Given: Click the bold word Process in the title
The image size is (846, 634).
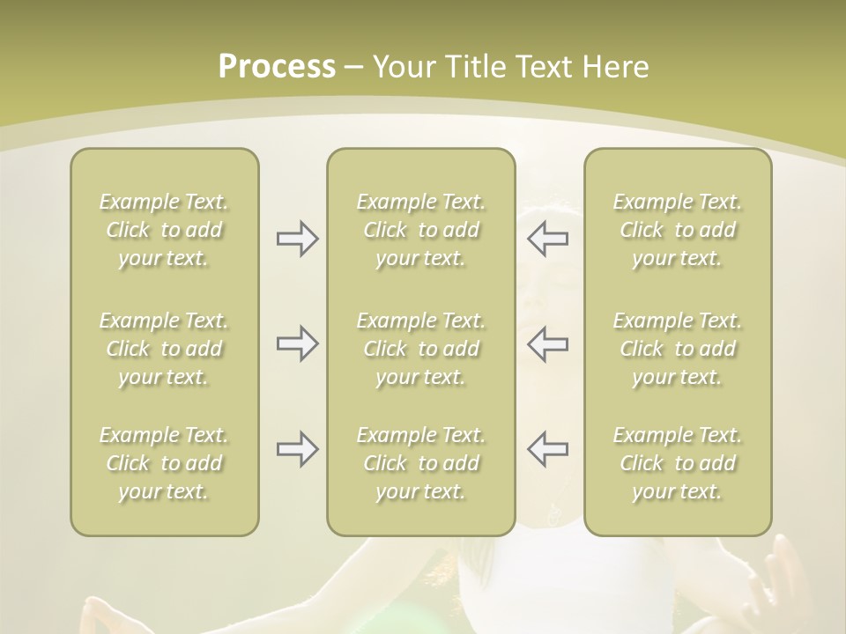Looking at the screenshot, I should (x=277, y=67).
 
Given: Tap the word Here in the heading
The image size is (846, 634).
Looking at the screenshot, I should (x=617, y=67).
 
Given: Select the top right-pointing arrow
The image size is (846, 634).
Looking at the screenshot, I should (x=298, y=239).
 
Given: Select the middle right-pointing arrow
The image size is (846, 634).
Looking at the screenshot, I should (x=298, y=343).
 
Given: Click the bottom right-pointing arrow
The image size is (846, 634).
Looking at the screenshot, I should (x=298, y=449).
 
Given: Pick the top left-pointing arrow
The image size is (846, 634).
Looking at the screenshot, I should (x=547, y=239).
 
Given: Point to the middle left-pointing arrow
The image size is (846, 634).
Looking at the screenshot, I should (x=547, y=343).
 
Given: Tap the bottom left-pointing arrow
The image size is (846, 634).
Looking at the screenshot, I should (x=547, y=449).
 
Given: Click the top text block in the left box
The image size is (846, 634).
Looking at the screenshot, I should (x=164, y=230).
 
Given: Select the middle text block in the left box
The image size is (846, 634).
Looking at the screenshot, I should (x=164, y=349).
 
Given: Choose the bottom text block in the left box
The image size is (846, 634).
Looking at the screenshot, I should (x=164, y=463).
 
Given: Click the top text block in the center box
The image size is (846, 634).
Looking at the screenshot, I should (x=421, y=230).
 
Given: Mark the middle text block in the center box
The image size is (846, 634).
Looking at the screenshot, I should (x=421, y=349).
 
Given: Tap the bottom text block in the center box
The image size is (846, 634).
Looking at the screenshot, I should (x=421, y=463).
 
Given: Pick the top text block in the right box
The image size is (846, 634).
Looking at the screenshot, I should (x=678, y=230).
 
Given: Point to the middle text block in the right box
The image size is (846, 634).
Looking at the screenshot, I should (x=678, y=349).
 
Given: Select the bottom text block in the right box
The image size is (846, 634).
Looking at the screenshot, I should (x=678, y=463).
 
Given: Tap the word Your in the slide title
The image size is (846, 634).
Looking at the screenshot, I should (x=404, y=67).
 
